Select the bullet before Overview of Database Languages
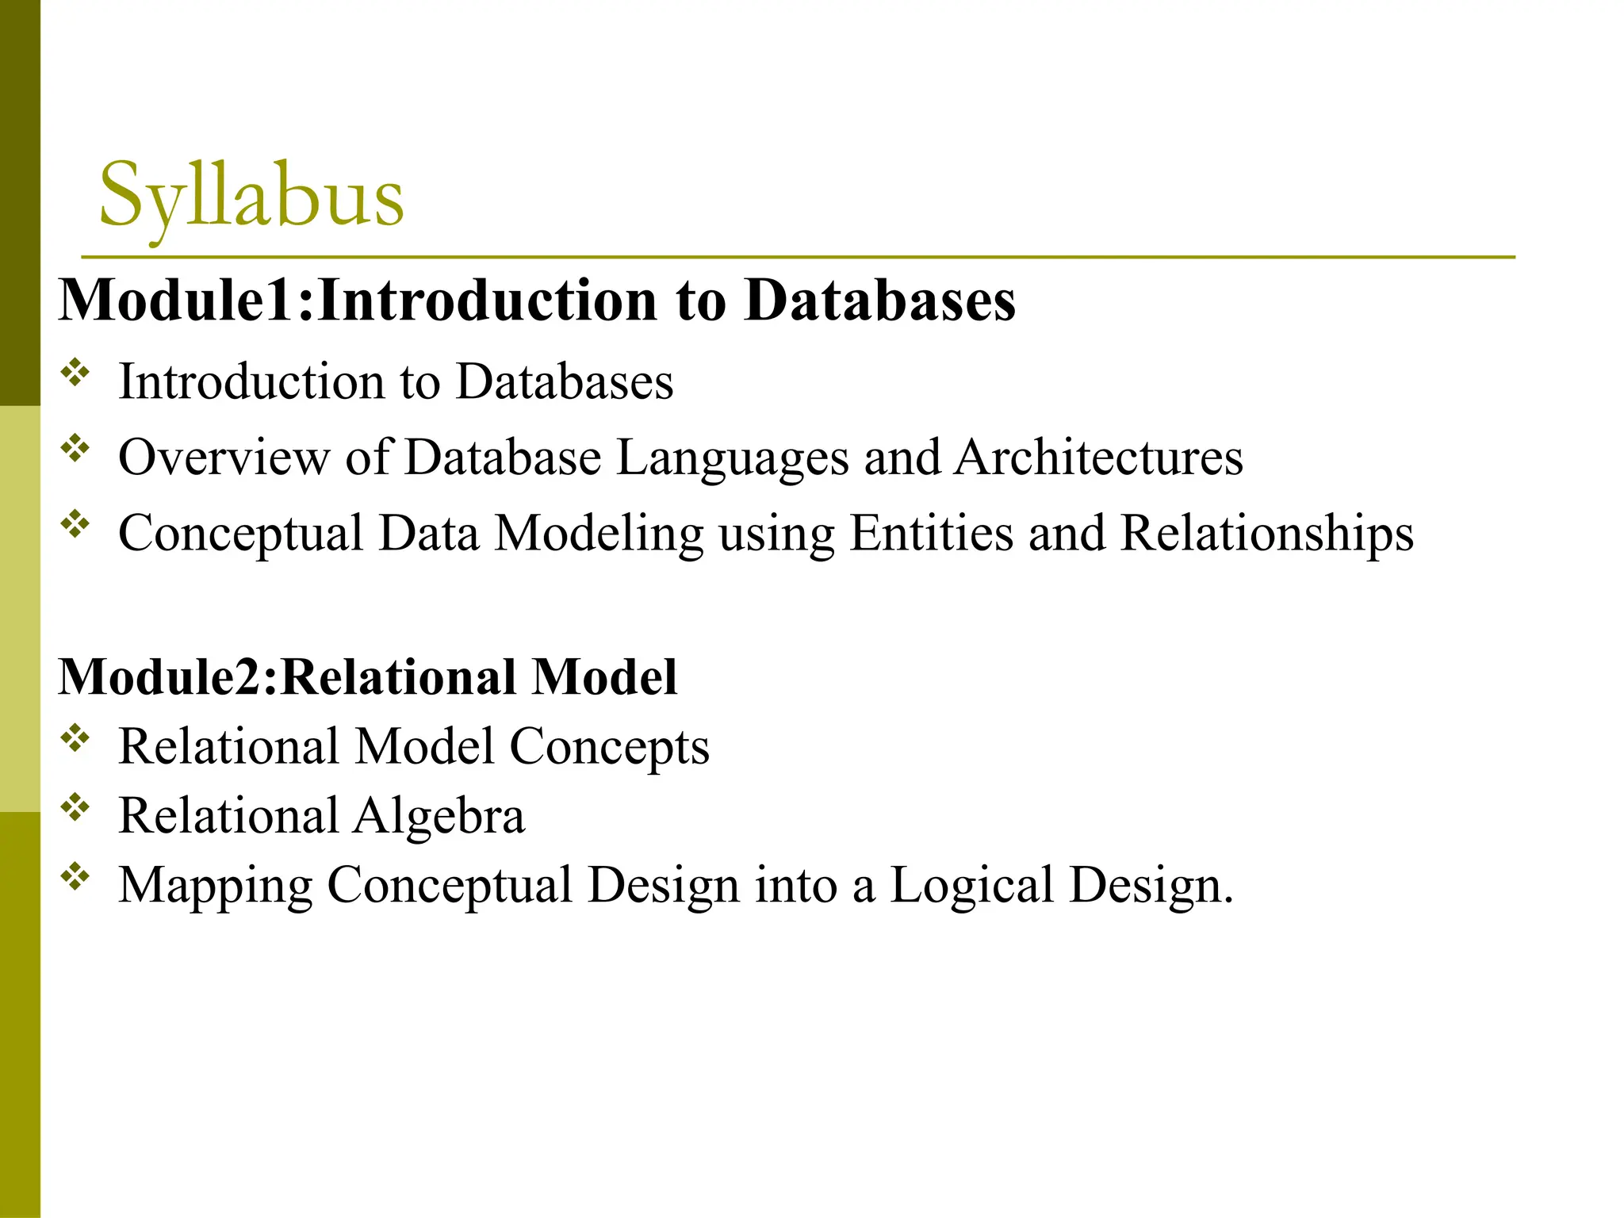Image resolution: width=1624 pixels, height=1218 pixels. tap(75, 449)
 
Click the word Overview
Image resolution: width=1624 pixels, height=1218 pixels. tap(224, 458)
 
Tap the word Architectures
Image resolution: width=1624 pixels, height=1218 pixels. tap(1098, 458)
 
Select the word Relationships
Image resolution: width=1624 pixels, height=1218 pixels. tap(1266, 533)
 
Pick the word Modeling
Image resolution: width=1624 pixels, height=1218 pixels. tap(599, 534)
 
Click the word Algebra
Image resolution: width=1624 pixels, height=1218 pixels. tap(439, 817)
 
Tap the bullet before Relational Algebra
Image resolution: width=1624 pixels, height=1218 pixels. tap(75, 808)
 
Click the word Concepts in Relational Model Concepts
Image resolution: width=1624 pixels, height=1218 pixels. tap(609, 748)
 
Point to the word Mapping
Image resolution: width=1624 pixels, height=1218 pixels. tap(215, 887)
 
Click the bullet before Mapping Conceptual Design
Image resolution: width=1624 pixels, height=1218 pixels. tap(75, 877)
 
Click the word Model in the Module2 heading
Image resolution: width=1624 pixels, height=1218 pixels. tap(604, 677)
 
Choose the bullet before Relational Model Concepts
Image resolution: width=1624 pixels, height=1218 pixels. tap(75, 739)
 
